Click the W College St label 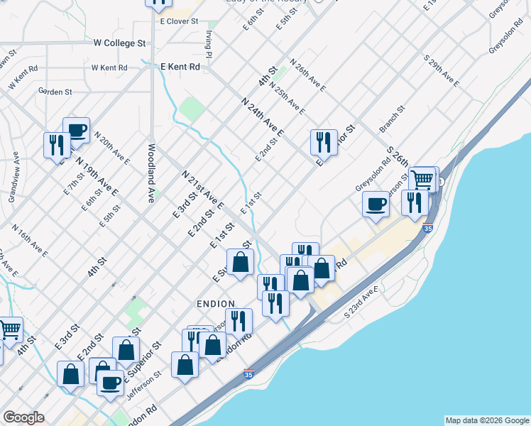pos(119,43)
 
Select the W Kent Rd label pos(109,68)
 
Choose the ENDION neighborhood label pos(216,304)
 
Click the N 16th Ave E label pos(31,240)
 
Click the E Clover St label pos(179,22)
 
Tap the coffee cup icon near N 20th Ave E pos(76,131)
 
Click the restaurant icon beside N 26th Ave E pos(324,141)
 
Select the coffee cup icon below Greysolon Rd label pos(376,204)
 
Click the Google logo pos(23,417)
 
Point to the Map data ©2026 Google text pos(486,420)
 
